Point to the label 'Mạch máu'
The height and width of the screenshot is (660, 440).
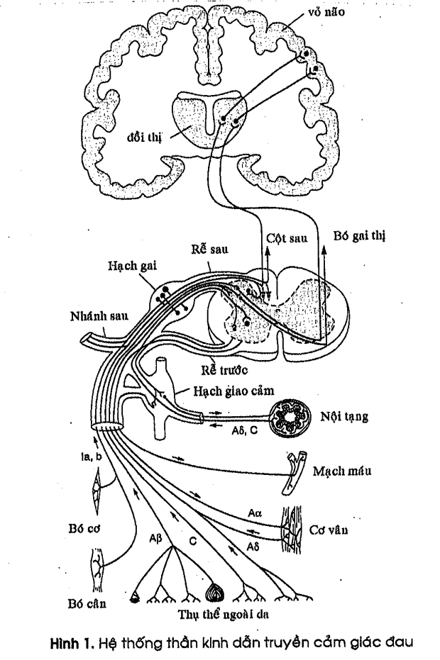coord(343,470)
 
